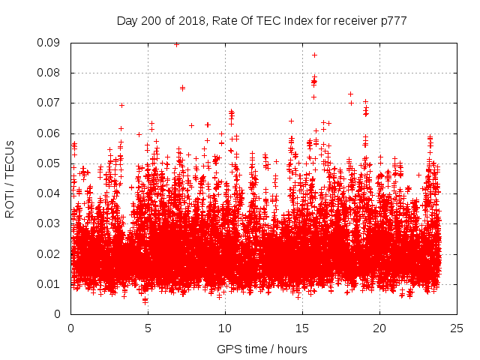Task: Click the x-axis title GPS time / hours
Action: coord(262,349)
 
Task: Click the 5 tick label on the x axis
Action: coord(148,328)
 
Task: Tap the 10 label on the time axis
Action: coord(225,328)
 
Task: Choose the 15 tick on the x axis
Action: coord(302,328)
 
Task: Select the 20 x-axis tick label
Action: coord(379,328)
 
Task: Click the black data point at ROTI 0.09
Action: coord(176,43)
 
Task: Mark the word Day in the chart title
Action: coord(127,21)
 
